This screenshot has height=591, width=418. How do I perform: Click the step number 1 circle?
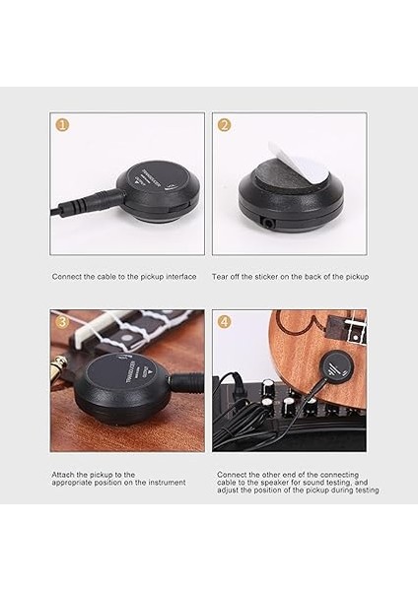[x=62, y=125]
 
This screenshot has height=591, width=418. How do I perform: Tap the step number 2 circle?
[x=224, y=125]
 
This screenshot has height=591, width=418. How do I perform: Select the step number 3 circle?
[x=62, y=322]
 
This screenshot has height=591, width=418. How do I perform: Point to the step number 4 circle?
[x=224, y=322]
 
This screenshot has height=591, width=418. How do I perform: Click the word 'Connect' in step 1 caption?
[x=67, y=277]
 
